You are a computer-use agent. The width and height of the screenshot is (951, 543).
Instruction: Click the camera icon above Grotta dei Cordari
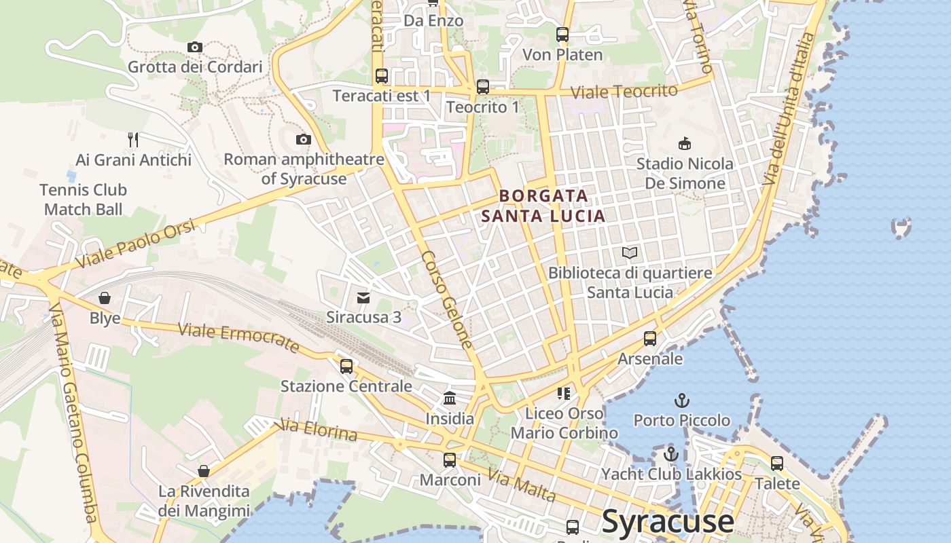pos(195,47)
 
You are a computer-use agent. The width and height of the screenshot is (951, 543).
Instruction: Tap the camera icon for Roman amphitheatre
pos(303,140)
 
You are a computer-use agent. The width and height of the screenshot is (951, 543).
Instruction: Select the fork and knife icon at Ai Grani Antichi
pos(133,140)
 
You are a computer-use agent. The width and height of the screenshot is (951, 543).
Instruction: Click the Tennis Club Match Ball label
pos(83,200)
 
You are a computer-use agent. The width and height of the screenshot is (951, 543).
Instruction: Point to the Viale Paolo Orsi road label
pos(135,243)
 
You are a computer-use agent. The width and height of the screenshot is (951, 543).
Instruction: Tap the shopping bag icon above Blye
pos(105,298)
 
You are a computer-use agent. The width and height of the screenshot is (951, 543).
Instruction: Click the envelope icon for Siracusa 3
pos(363,297)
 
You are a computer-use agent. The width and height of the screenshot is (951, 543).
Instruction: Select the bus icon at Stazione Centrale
pos(346,367)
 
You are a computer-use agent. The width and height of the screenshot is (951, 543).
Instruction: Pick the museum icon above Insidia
pos(449,398)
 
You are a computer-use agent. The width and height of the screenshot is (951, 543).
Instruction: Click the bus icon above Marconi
pos(449,460)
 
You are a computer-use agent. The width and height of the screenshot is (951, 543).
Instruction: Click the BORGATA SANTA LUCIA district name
pos(543,206)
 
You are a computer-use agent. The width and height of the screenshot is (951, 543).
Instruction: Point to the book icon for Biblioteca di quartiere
pos(630,253)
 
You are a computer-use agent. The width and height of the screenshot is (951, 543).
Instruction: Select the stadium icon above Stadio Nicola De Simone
pos(685,144)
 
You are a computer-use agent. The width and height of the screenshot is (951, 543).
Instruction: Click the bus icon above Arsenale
pos(650,338)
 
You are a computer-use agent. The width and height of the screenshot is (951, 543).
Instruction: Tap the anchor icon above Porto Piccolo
pos(681,400)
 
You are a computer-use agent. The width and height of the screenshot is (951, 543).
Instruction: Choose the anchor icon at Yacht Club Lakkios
pos(671,454)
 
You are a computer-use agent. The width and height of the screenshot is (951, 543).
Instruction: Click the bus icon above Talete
pos(777,464)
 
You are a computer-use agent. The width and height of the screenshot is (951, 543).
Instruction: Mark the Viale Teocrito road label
pos(624,92)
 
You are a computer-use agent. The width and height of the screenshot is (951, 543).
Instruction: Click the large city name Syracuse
pos(668,521)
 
